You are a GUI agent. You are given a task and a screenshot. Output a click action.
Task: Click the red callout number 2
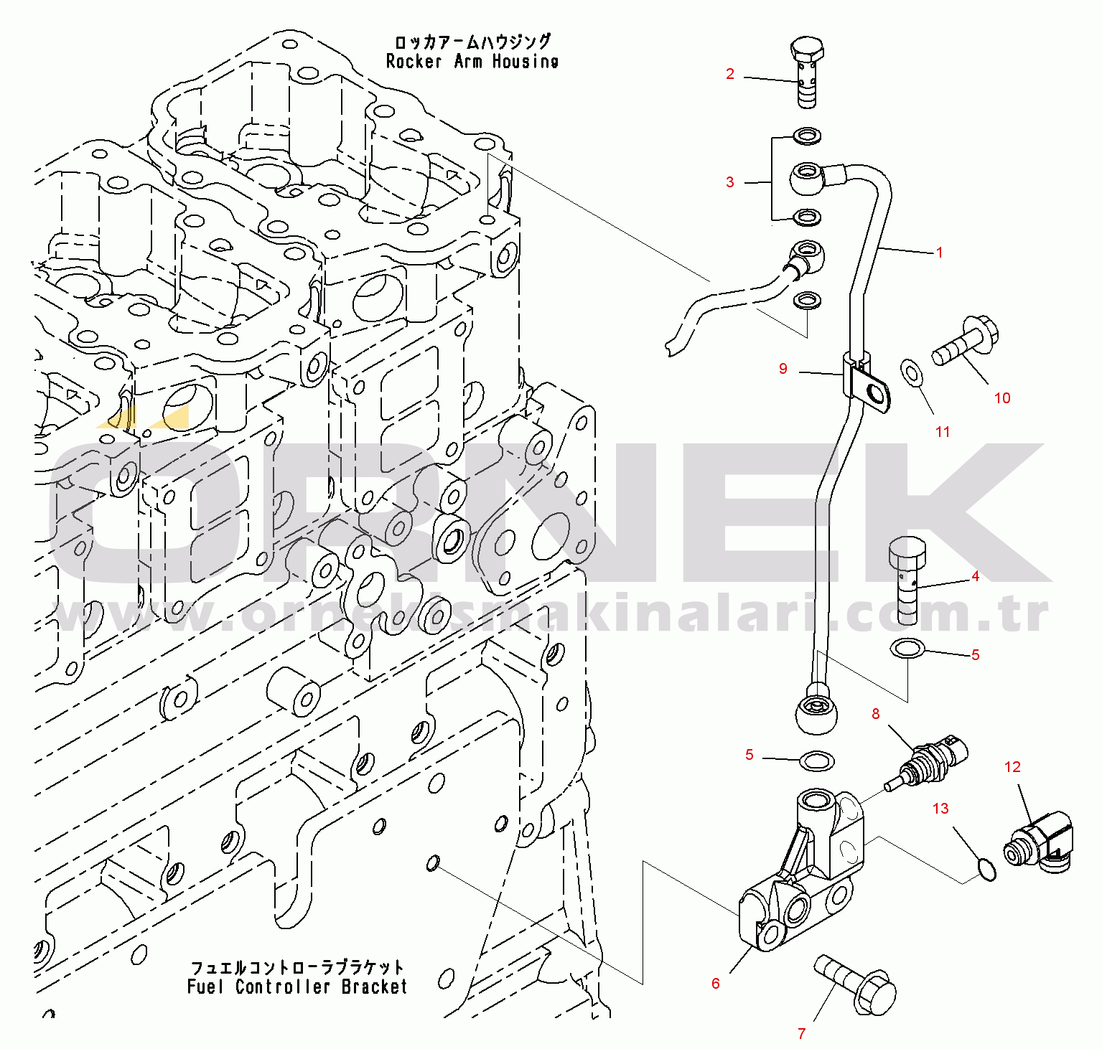[730, 74]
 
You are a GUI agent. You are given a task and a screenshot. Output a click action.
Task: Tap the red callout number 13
[940, 809]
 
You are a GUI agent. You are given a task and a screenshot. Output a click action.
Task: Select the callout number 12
[1012, 767]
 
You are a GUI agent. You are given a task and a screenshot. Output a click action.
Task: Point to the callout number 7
[802, 1034]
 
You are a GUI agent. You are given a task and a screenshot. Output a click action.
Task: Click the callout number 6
[716, 984]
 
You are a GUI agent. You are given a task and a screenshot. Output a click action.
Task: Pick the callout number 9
[783, 369]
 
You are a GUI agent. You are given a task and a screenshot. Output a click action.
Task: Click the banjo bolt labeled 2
[808, 72]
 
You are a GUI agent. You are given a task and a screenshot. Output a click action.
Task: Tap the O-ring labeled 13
[987, 870]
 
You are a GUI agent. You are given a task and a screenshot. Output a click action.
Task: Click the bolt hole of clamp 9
[875, 393]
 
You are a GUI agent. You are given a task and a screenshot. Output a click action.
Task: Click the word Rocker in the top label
[414, 62]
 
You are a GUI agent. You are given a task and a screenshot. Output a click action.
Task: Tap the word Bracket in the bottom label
[374, 987]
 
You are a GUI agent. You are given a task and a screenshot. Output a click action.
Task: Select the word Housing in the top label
[525, 62]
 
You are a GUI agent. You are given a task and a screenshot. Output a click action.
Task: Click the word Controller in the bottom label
[283, 987]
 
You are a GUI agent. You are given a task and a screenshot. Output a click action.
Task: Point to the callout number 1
[939, 253]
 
